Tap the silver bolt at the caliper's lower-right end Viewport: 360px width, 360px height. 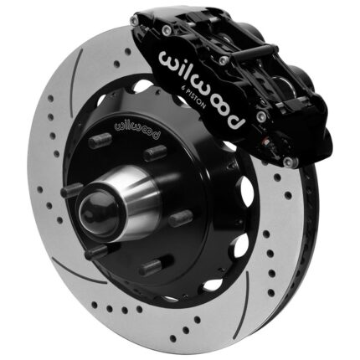[x=288, y=161]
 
